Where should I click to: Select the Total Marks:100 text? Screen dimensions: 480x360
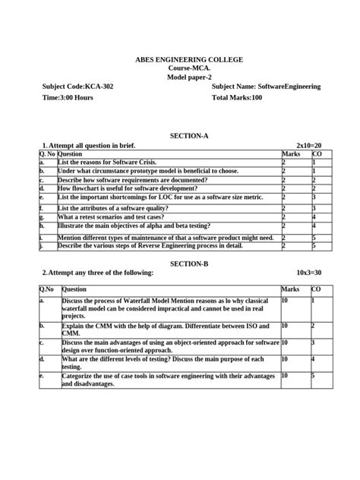tap(237, 99)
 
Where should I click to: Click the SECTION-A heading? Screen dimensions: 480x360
tap(179, 135)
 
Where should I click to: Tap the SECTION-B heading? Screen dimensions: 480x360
tap(179, 263)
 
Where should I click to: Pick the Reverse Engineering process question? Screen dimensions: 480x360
tap(150, 245)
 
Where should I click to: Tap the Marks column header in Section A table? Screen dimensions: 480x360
tap(291, 153)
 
